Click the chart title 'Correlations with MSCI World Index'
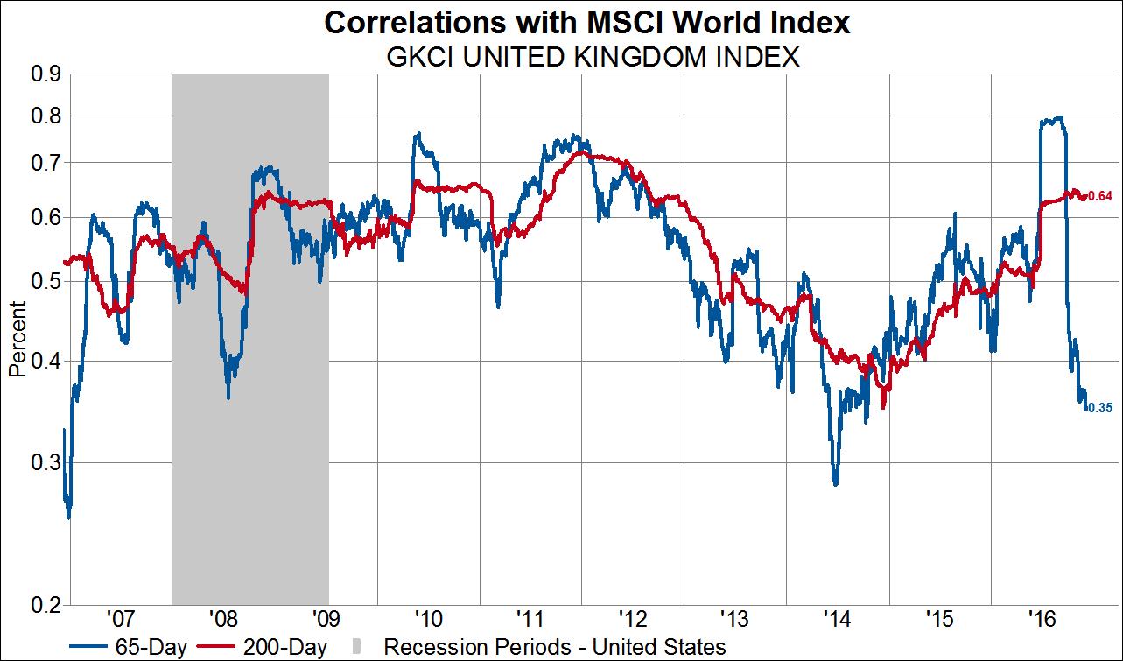coord(586,23)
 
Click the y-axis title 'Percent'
coord(17,341)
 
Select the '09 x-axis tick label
coord(325,620)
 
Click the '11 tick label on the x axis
coord(530,620)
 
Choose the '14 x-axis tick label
coord(838,620)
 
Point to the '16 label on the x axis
coord(1042,620)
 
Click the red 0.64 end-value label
coord(1099,196)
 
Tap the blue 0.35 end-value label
coord(1099,408)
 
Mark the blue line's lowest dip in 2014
coord(835,483)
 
